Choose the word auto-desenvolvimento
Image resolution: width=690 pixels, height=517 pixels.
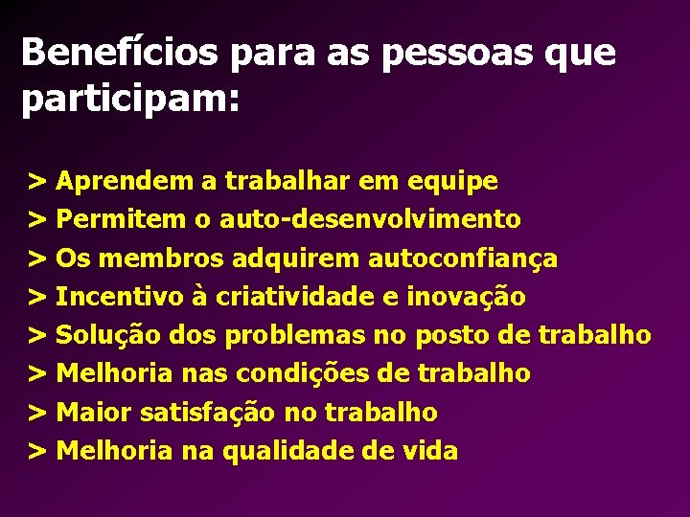[x=370, y=219]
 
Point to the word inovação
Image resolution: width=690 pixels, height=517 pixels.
[x=467, y=297]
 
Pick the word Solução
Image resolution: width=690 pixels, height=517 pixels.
[x=108, y=335]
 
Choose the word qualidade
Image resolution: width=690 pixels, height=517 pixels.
[x=281, y=451]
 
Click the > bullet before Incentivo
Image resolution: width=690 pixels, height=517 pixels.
[x=38, y=297]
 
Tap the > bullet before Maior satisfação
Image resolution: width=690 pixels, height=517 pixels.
[x=38, y=413]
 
